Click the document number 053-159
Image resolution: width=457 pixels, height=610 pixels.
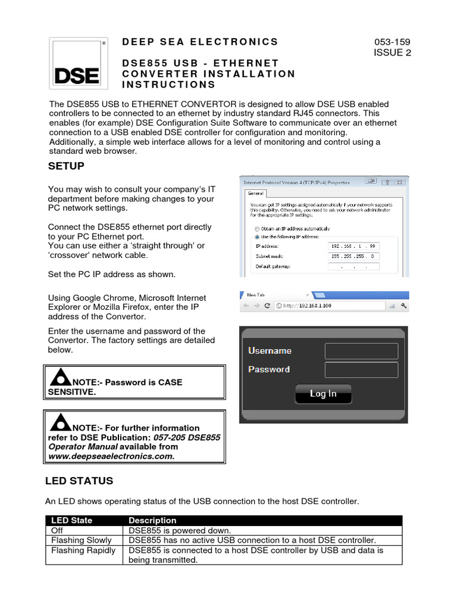392,42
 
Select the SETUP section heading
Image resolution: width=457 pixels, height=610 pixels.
66,166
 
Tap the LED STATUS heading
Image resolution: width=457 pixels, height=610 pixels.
79,480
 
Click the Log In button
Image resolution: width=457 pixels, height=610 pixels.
323,394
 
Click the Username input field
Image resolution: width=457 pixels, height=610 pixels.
361,351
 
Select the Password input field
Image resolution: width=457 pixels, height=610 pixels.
361,370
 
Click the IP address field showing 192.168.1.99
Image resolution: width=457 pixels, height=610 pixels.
353,245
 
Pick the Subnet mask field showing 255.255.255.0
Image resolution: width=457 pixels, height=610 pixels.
353,256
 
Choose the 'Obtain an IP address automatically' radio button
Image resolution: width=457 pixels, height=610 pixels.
256,229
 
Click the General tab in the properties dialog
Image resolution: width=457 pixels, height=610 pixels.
256,194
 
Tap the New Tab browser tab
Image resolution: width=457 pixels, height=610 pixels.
274,295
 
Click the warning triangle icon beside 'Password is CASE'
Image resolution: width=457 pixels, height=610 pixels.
60,378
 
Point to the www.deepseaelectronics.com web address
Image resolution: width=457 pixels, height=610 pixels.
111,456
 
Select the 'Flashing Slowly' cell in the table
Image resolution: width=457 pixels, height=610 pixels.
82,540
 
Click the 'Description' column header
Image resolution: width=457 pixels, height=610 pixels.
152,520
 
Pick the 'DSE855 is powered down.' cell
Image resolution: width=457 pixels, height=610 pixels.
179,530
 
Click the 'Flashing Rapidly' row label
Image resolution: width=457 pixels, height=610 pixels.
83,550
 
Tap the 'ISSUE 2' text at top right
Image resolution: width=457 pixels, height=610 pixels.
392,52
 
